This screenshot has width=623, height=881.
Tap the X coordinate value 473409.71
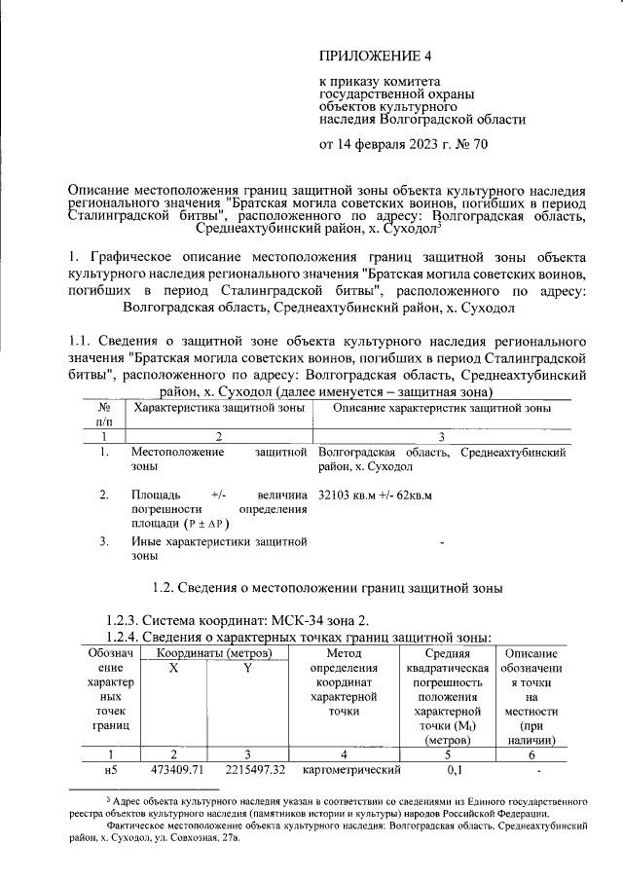(180, 770)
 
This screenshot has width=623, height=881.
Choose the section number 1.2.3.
(121, 620)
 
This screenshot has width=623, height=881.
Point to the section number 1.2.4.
(121, 637)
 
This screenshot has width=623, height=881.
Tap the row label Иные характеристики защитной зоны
(218, 549)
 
